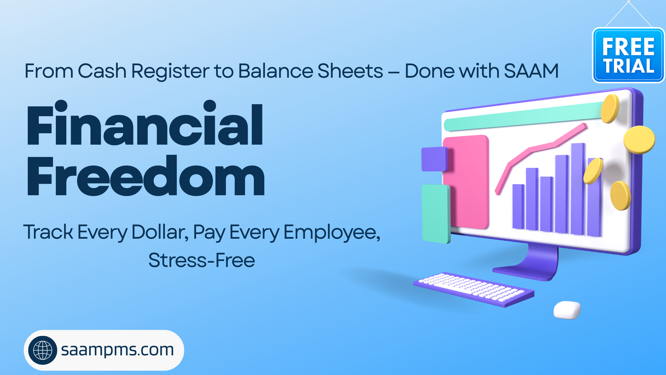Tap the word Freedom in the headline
(146, 176)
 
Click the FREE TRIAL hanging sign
(629, 55)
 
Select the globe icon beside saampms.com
(43, 350)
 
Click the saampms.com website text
(117, 350)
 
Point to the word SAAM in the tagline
(531, 71)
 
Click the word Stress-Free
(202, 260)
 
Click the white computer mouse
(567, 310)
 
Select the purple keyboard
(474, 289)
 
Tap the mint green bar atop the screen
(523, 116)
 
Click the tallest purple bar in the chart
(578, 189)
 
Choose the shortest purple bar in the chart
(518, 207)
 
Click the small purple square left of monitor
(435, 159)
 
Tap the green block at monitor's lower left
(436, 214)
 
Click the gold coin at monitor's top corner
(610, 109)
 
